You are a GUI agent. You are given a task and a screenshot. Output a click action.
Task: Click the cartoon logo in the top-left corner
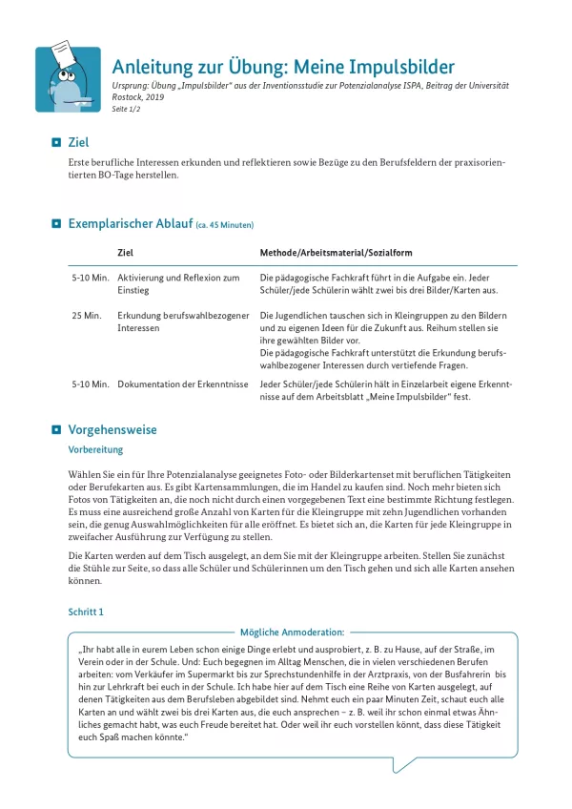(x=68, y=79)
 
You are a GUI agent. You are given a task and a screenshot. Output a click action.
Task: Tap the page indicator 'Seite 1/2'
(x=127, y=109)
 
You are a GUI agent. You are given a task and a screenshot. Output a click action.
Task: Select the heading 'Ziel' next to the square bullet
(x=78, y=142)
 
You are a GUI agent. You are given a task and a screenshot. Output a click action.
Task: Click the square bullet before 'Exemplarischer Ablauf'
(x=55, y=224)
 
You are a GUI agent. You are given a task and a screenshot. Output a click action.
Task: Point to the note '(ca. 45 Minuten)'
(x=224, y=225)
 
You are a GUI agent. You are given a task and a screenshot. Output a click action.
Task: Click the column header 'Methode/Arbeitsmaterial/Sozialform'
(x=336, y=253)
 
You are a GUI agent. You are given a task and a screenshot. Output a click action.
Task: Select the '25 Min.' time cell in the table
(x=86, y=315)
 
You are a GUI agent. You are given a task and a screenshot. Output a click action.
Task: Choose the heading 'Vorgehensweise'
(x=112, y=430)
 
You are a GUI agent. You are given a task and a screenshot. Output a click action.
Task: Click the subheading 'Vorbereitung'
(x=95, y=449)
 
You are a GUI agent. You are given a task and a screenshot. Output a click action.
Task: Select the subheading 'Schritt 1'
(x=86, y=611)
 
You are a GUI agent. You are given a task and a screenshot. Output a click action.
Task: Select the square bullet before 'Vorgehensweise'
(x=55, y=430)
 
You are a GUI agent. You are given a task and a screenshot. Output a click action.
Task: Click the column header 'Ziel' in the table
(x=125, y=253)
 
